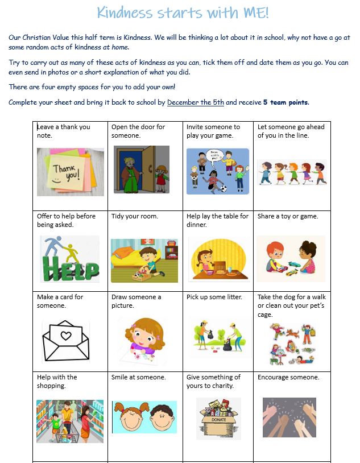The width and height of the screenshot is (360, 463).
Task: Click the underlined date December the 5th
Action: (x=196, y=102)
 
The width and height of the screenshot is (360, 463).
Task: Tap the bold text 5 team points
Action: (x=285, y=102)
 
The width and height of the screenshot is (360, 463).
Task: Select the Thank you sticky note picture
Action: (x=71, y=172)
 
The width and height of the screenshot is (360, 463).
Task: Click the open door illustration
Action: (x=141, y=170)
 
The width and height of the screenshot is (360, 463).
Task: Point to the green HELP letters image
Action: (x=69, y=259)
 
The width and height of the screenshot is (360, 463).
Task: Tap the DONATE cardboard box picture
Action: (x=218, y=418)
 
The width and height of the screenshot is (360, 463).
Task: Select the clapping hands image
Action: (x=289, y=417)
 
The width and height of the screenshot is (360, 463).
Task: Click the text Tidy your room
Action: (x=135, y=216)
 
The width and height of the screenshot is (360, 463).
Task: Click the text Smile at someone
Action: (x=139, y=377)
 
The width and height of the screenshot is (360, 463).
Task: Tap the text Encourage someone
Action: (x=288, y=377)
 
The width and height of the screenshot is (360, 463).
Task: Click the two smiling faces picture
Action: (x=144, y=417)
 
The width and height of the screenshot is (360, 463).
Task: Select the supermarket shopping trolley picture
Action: (x=70, y=421)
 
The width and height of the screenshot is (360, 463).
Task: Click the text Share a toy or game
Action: (x=288, y=216)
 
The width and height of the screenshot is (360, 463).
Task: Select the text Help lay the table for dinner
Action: (x=217, y=220)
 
